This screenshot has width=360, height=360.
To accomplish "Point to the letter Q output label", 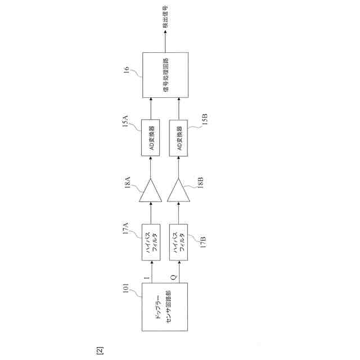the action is (174, 277).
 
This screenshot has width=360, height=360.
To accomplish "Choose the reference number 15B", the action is (205, 121).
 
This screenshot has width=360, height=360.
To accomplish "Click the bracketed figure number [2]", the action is (100, 350).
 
